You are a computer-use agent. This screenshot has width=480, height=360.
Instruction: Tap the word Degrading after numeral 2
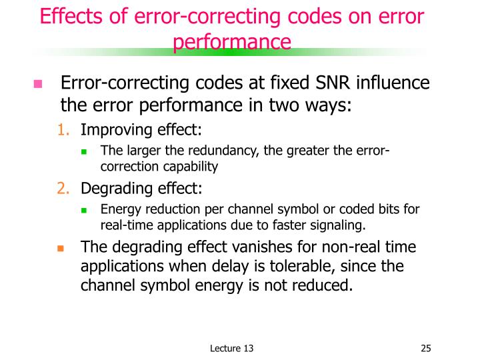click(118, 188)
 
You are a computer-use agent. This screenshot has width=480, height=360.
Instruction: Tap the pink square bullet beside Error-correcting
click(37, 85)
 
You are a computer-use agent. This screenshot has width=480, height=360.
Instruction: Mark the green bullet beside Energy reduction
click(85, 210)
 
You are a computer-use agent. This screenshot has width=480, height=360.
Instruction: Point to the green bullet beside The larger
click(85, 151)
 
